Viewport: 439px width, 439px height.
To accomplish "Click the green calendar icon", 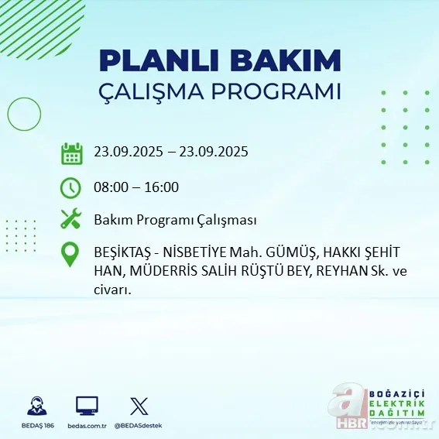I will click(x=71, y=153).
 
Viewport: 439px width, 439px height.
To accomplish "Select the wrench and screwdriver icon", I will click(x=71, y=220).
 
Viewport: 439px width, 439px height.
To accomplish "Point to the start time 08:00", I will click(x=111, y=187).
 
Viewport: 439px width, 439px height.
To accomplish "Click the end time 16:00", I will click(x=162, y=187).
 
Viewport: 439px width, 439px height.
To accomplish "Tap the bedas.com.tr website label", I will click(x=87, y=426).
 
